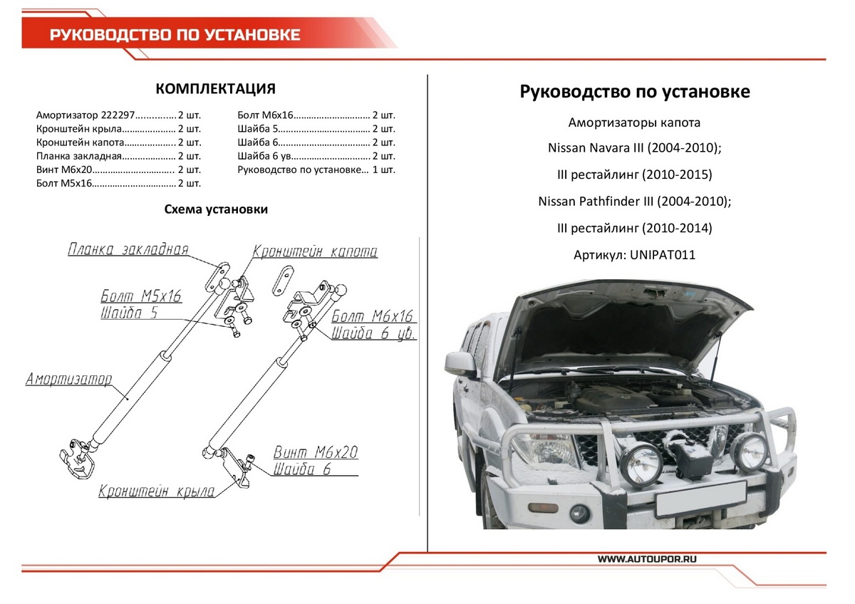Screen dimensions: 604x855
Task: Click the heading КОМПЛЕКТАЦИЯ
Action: [215, 89]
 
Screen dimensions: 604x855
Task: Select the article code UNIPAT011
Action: [663, 254]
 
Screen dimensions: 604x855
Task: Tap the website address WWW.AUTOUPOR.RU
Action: [646, 560]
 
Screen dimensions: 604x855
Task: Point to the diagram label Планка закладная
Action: [128, 249]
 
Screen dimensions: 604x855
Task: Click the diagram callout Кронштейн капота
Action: [316, 251]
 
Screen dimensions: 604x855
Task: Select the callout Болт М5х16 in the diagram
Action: [141, 296]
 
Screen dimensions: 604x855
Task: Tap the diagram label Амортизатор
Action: [68, 379]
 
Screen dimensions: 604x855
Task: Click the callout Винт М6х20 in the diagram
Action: [316, 452]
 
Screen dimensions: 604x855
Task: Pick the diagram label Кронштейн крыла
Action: [157, 491]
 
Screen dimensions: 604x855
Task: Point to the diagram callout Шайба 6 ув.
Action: [373, 334]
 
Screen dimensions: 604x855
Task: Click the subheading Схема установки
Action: [216, 209]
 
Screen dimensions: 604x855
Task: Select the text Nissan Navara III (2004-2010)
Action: [634, 148]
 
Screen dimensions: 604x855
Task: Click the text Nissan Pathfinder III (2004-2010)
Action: [634, 202]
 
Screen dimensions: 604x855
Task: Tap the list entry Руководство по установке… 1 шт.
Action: [316, 170]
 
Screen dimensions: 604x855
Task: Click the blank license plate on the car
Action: [700, 497]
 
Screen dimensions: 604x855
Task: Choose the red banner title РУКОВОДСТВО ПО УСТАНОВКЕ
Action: [175, 35]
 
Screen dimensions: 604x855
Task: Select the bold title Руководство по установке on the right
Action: [634, 92]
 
